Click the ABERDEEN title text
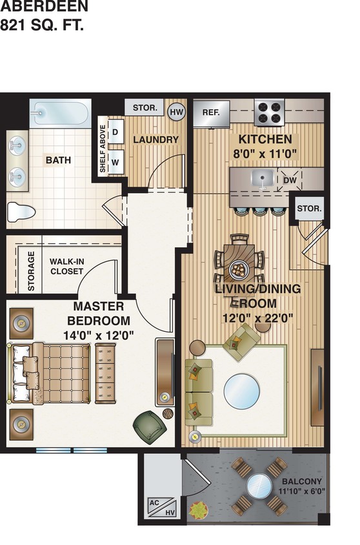[44, 8]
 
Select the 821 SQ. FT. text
[42, 26]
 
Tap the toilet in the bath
[21, 211]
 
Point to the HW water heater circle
[176, 112]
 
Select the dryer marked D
[115, 132]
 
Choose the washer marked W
[115, 162]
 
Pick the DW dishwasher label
[290, 180]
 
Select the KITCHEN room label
[265, 139]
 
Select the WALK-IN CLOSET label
[66, 267]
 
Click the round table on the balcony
[259, 486]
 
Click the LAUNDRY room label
[155, 139]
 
